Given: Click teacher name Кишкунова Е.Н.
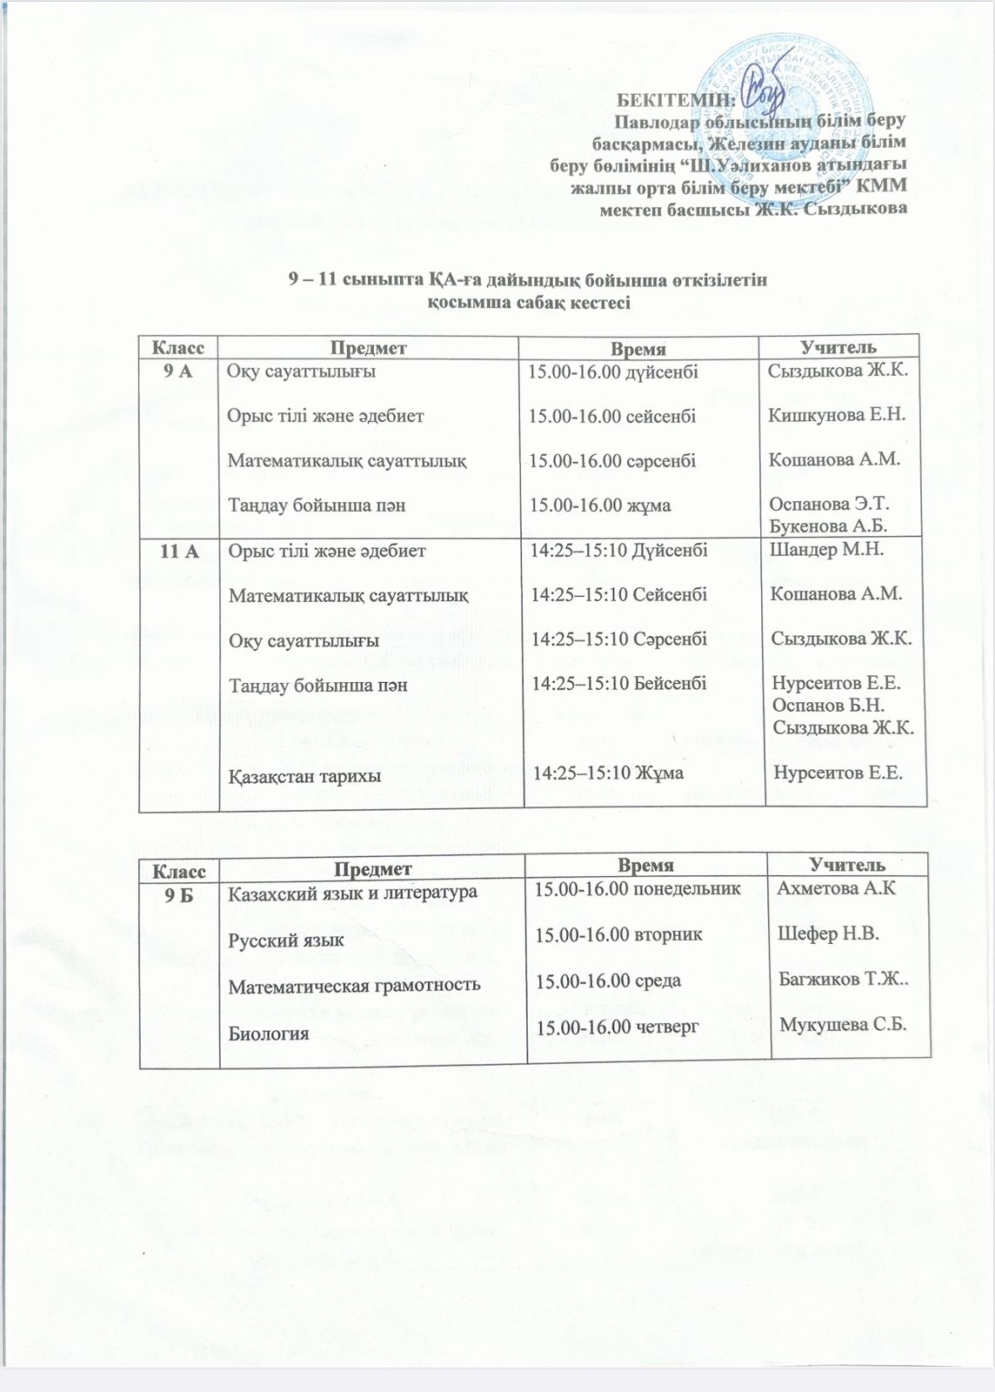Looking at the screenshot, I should (x=837, y=414).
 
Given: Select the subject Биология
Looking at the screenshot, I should (x=269, y=1034).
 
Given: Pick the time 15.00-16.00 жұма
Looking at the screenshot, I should (x=600, y=505).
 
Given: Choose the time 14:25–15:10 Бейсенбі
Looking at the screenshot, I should (x=619, y=683).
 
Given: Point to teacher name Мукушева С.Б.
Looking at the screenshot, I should (x=843, y=1024).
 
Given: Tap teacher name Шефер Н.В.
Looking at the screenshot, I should (x=827, y=934).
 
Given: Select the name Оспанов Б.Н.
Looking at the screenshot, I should (x=828, y=705).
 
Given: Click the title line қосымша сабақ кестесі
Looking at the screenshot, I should (x=528, y=303).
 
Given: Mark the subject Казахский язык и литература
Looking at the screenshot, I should (x=352, y=893).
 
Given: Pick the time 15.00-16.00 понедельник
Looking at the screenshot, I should (x=638, y=889).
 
